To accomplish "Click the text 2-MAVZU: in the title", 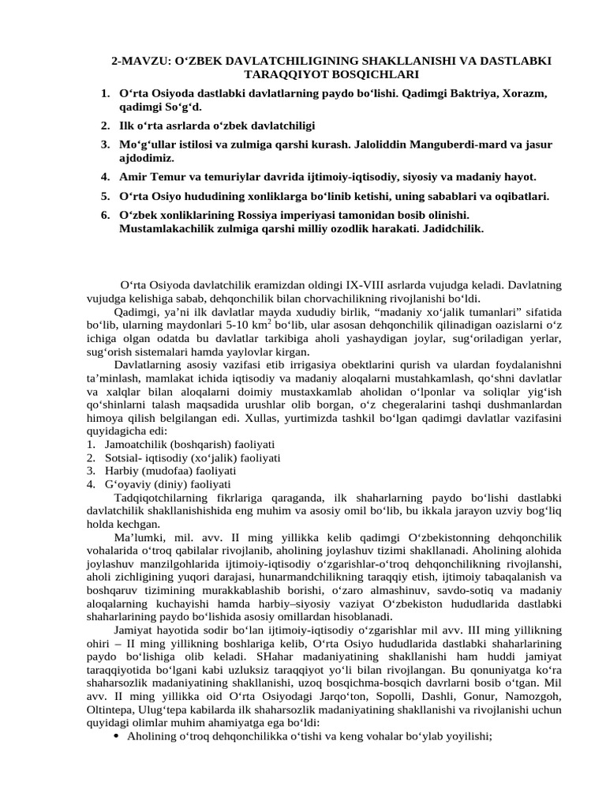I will pos(140,61).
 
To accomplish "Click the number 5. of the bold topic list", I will pos(105,195).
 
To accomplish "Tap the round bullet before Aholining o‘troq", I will pos(117,736).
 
